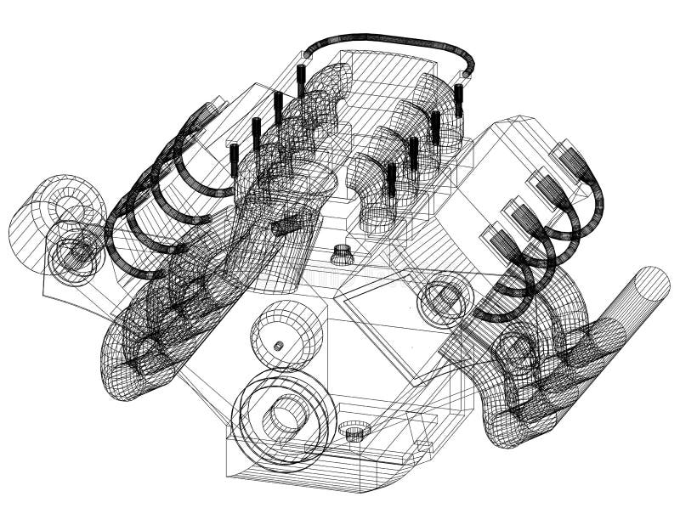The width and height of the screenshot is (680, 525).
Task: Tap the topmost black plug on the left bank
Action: point(301,82)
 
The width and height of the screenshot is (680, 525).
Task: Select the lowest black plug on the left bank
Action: point(235,160)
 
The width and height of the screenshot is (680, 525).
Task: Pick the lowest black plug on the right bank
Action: point(391,179)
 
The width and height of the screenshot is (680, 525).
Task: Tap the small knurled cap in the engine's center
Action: point(342,253)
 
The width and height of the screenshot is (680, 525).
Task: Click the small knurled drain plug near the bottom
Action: point(354,432)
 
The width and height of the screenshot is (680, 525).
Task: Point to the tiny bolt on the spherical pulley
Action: point(278,346)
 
